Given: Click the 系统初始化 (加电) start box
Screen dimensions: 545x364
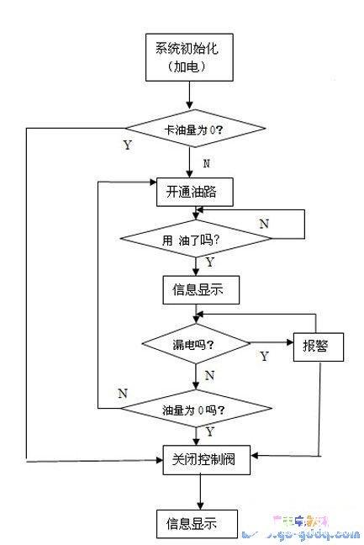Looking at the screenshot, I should (186, 56).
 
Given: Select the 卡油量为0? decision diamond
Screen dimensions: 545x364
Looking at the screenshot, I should (195, 130).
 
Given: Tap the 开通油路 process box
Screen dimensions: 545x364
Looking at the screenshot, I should (193, 191).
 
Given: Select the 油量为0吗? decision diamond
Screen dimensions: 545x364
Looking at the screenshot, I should (197, 410).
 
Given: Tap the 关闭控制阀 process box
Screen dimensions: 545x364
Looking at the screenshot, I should (198, 459).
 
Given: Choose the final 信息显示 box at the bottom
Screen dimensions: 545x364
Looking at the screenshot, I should (193, 522).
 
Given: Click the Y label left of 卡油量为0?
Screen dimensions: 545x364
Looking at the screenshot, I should (127, 145).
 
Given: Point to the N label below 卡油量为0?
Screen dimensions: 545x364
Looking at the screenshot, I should (206, 163).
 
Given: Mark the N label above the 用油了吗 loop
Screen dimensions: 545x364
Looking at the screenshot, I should (263, 223).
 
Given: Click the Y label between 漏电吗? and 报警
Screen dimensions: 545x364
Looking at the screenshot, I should (263, 357).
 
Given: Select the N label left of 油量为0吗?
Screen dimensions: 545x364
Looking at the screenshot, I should (123, 393).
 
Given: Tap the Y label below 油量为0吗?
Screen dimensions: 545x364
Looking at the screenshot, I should (209, 431).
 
